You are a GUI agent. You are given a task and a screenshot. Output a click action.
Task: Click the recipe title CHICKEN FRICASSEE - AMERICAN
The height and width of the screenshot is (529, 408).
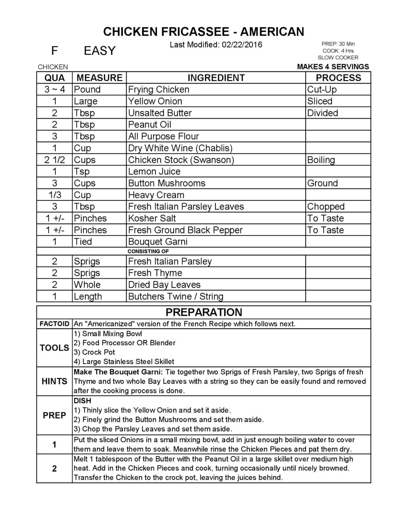[x=204, y=32]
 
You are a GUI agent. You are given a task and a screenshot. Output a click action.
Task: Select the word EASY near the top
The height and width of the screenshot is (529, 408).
[x=99, y=51]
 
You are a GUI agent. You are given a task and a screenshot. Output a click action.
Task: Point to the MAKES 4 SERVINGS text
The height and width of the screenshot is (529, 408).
[x=333, y=67]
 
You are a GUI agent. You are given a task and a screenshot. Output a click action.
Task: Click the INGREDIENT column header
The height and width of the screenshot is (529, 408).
[x=216, y=78]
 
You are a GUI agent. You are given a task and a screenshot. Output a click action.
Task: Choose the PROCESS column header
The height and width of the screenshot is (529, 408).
[x=338, y=78]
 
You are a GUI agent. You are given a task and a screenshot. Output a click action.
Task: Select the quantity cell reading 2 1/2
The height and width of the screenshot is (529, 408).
[x=55, y=160]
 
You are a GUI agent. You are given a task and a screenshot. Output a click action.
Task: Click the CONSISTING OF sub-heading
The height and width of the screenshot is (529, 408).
[x=148, y=251]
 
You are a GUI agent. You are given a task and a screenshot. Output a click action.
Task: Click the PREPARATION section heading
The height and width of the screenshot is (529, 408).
[x=204, y=312]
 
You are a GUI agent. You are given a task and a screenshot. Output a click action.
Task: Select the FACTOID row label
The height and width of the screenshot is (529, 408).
[x=54, y=324]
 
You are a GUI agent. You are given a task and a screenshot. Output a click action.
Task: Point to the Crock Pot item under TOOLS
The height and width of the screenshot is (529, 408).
[x=98, y=352]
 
